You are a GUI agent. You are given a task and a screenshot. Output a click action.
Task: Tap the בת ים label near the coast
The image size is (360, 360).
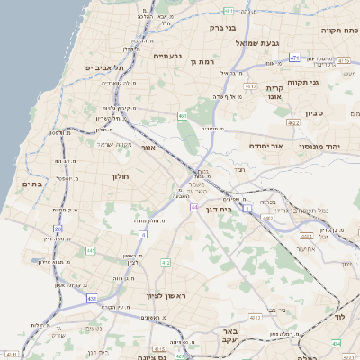pos(31,184)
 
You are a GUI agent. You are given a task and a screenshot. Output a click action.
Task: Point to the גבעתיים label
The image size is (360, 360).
pos(167,56)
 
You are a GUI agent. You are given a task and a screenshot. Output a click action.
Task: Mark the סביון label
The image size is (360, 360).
pos(314,113)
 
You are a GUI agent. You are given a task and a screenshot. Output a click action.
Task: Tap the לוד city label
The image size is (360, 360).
pos(338,319)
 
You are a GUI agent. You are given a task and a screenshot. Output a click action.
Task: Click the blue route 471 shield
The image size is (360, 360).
pos(293,58)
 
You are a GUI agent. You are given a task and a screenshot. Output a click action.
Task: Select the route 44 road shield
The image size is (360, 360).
pos(194,207)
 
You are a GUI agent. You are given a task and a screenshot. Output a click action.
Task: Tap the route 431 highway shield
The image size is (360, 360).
pos(92,297)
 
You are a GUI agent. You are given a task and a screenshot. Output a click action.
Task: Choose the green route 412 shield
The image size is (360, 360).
pos(166,263)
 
